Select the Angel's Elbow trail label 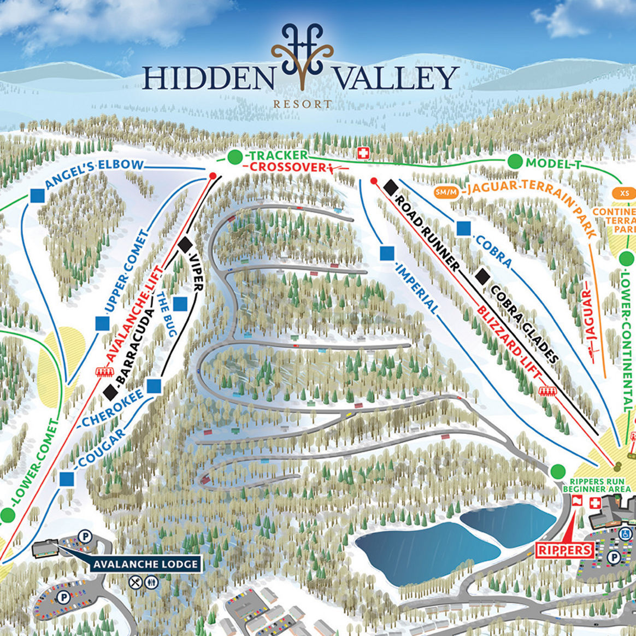click(95, 174)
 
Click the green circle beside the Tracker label click(234, 157)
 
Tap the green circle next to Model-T click(514, 162)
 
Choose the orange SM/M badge click(446, 192)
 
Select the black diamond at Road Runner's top click(390, 187)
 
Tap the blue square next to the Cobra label click(464, 228)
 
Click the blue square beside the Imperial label click(387, 253)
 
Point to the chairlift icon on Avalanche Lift click(101, 372)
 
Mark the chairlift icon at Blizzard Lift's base click(546, 391)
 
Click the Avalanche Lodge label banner click(145, 564)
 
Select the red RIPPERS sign click(565, 549)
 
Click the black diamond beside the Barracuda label click(111, 390)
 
